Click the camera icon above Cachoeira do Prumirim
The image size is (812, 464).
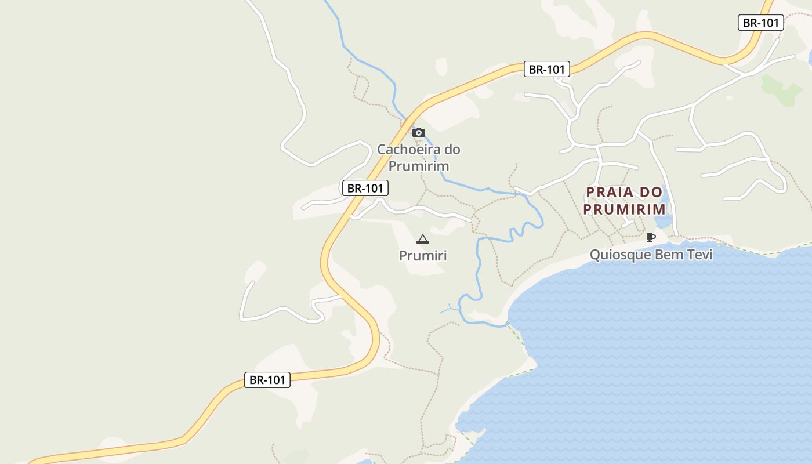point(418,133)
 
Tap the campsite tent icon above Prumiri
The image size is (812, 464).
point(423,239)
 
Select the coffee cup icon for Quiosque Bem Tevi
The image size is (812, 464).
point(650,237)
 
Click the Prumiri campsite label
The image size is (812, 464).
point(423,255)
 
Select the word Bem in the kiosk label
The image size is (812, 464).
point(665,255)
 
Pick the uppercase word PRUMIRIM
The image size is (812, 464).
point(624,209)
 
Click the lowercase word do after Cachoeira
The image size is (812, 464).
point(452,149)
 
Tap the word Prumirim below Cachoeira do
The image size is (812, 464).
point(418,166)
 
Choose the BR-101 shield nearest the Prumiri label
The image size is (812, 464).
point(365,188)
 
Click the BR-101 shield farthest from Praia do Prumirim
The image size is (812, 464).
point(267,380)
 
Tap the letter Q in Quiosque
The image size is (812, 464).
point(594,255)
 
